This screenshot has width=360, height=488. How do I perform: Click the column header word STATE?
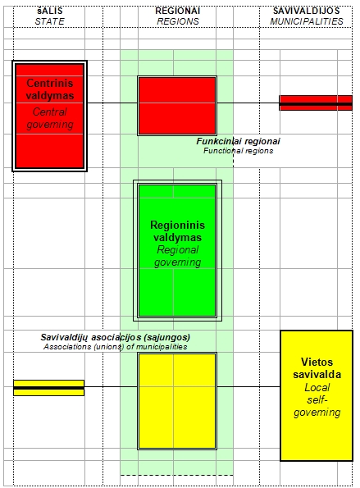pos(49,21)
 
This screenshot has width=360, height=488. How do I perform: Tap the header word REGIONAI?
pos(177,11)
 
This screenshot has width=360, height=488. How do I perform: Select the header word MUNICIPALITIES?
pos(307,21)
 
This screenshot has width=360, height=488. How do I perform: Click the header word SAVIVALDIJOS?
pos(306,11)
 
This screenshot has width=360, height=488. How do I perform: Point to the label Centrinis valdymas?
pos(50,89)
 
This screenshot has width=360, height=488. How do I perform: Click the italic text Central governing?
pos(50,118)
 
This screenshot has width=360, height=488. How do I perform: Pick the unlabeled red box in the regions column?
pos(177,106)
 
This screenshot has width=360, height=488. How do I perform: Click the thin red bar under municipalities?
pos(316,103)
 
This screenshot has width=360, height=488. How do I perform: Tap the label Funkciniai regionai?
pos(238,141)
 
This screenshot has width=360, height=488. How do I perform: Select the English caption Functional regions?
pos(239,151)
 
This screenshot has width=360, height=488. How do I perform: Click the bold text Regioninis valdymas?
pos(177,231)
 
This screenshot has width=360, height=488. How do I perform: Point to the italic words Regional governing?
pos(177,256)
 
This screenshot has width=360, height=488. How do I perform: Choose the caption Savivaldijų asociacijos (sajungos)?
pos(115,337)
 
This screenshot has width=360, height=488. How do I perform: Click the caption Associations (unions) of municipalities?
pos(115,347)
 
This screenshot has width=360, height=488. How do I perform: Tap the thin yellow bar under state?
pos(49,388)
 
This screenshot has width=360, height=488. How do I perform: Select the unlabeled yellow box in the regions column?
pos(177,401)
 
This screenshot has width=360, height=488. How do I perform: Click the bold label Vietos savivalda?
pos(317,368)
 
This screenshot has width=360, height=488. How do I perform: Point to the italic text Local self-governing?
pos(317,400)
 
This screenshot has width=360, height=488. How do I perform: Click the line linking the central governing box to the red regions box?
pos(112,103)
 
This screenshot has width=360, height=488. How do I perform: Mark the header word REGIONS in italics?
pos(178,21)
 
